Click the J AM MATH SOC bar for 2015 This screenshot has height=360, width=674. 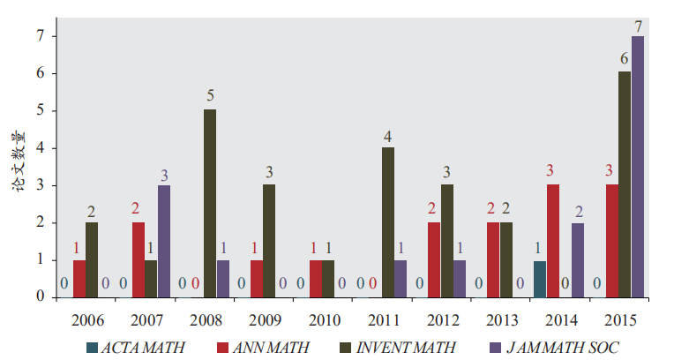pos(638,167)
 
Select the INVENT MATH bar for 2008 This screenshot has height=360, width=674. pos(210,203)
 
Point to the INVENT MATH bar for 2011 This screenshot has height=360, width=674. pos(387,222)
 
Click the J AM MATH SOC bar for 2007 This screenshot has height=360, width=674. pos(164,241)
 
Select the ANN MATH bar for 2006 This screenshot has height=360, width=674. pos(79,279)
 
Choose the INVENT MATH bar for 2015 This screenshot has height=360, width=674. pos(624,184)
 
